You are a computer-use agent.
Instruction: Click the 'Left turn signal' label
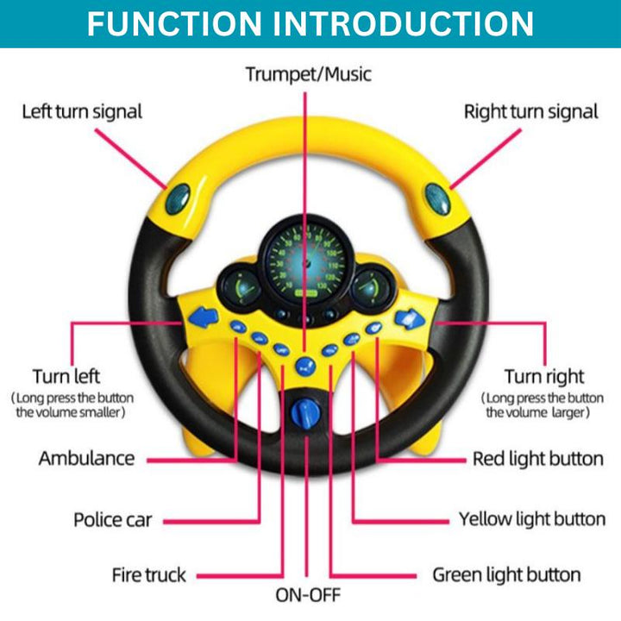point(82,111)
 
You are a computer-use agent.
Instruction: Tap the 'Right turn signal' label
point(530,111)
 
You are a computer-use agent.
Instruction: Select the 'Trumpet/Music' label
point(308,74)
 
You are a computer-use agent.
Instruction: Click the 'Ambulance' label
point(86,458)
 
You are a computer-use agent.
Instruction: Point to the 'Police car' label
point(112,520)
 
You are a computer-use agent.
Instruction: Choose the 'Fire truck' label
point(148,574)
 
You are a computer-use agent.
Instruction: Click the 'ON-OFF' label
point(308,594)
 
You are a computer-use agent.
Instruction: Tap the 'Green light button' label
point(506,574)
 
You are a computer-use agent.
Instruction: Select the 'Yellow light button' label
point(531,519)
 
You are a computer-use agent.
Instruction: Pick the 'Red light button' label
point(537,458)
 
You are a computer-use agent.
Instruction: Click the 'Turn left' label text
point(66,376)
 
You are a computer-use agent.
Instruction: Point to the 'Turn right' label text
point(544,376)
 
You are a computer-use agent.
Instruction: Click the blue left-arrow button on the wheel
point(201,318)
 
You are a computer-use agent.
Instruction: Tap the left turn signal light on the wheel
point(178,199)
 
